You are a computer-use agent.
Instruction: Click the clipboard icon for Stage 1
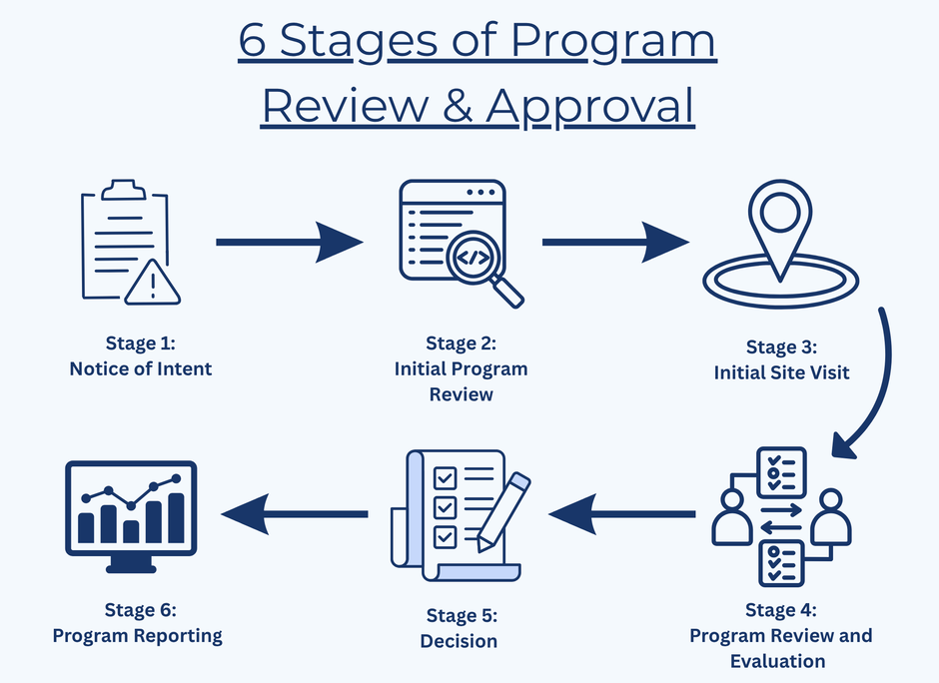point(126,240)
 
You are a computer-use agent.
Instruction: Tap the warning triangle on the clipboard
point(153,283)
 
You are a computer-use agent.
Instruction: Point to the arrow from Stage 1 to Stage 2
point(290,242)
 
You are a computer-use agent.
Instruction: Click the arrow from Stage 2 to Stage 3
point(615,242)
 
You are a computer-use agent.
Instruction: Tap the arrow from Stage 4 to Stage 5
point(621,513)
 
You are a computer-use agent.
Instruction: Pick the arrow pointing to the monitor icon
point(294,513)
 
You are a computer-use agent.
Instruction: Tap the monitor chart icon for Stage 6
point(131,516)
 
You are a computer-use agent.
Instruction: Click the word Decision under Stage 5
point(459,641)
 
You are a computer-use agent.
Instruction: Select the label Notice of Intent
point(141,368)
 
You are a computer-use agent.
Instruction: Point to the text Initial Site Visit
point(781,372)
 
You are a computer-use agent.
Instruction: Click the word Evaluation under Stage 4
point(778,661)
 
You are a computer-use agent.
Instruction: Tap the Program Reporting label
point(137,636)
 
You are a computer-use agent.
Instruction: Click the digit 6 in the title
point(252,41)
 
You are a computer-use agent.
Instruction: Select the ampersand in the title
point(458,106)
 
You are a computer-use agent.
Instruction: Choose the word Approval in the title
point(589,107)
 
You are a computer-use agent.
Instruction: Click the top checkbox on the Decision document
point(445,478)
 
